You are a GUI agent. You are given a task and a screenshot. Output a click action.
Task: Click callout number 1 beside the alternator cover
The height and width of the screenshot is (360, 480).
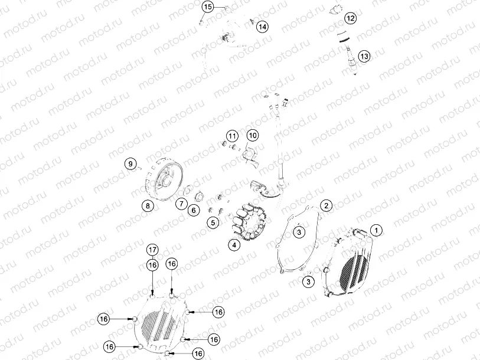tap(376, 229)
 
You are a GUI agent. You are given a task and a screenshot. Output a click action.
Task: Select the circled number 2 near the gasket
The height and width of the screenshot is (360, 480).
tap(326, 205)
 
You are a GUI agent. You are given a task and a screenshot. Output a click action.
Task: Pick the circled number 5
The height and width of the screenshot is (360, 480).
tap(213, 222)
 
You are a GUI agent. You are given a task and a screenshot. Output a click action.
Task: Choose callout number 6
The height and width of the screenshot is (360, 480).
tap(193, 210)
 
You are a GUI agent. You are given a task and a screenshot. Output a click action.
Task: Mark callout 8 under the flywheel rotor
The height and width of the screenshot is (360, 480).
tap(146, 206)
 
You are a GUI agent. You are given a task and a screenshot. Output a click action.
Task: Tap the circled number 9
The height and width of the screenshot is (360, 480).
tap(130, 163)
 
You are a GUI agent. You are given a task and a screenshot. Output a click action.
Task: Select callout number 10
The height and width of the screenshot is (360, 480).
tap(252, 136)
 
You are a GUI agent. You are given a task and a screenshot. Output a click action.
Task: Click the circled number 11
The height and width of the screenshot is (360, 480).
tap(231, 136)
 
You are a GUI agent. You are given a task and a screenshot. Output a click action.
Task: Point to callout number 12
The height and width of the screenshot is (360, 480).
tap(351, 18)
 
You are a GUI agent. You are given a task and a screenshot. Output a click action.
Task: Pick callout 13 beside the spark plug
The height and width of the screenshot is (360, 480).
tap(364, 56)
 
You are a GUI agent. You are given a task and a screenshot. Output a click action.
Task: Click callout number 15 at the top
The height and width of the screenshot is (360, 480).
tap(207, 7)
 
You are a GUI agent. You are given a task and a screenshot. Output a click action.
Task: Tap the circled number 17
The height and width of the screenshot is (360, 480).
tap(152, 250)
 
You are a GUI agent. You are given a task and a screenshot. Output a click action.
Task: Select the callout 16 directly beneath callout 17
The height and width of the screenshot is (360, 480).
tap(152, 266)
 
